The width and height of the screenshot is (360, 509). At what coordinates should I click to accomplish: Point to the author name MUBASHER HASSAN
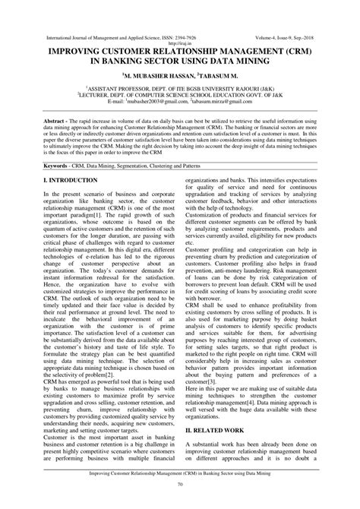(157, 77)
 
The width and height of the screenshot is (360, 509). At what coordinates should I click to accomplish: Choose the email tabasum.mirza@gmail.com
(225, 101)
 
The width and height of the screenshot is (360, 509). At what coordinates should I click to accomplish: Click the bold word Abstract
(58, 121)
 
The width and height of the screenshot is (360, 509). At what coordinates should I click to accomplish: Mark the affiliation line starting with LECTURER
(181, 95)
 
